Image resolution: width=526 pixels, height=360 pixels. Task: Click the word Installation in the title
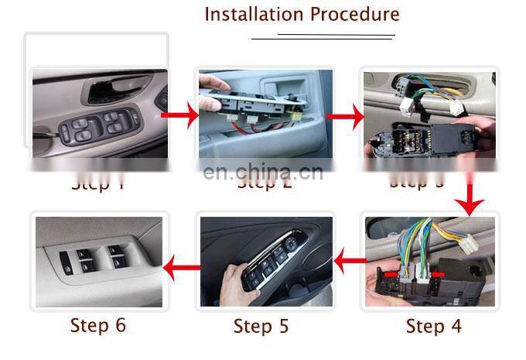[254, 14]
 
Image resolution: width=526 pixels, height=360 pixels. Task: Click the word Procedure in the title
[354, 14]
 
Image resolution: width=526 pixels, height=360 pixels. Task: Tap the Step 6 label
[97, 325]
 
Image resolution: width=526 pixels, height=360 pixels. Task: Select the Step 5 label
[261, 327]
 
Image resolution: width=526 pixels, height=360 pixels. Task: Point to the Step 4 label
[433, 327]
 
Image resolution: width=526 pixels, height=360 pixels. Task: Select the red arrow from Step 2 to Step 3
[344, 118]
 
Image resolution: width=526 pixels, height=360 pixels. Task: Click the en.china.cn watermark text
[263, 172]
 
